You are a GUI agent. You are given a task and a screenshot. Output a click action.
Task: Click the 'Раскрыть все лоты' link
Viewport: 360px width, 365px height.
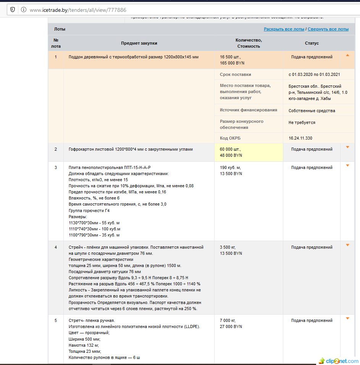tap(284, 29)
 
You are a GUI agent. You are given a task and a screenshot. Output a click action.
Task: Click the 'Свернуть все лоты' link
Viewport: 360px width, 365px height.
tap(328, 29)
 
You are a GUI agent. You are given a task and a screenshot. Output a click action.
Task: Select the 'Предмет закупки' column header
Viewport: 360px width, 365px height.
tap(139, 43)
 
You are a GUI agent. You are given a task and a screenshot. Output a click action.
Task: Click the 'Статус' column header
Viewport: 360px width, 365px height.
tap(312, 43)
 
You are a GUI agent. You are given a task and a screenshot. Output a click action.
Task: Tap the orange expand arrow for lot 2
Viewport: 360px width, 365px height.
tap(347, 147)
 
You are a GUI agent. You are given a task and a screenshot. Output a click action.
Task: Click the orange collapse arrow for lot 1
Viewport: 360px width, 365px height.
tap(347, 55)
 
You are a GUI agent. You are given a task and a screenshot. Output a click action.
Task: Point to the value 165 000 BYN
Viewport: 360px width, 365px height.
tap(232, 63)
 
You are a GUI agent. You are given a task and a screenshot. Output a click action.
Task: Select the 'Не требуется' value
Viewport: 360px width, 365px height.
tap(302, 123)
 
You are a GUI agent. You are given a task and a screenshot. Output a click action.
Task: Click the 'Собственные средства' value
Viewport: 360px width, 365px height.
tap(312, 111)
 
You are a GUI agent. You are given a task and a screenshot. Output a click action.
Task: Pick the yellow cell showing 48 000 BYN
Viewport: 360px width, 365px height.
tap(231, 155)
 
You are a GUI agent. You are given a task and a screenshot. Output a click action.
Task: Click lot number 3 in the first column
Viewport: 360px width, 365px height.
tap(56, 167)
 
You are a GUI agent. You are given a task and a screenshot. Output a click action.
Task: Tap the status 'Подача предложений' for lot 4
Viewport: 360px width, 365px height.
tap(312, 247)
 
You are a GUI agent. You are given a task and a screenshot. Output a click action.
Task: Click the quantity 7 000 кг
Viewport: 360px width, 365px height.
tap(228, 320)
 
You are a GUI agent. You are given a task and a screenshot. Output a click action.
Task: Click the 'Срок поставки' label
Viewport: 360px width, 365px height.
tap(235, 74)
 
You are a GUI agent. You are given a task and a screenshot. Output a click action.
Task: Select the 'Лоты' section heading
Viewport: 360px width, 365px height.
tap(60, 29)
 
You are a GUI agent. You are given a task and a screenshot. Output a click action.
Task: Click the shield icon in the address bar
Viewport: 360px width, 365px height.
tap(13, 10)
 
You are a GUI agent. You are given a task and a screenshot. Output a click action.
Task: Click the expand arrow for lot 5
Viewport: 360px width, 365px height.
tap(347, 318)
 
